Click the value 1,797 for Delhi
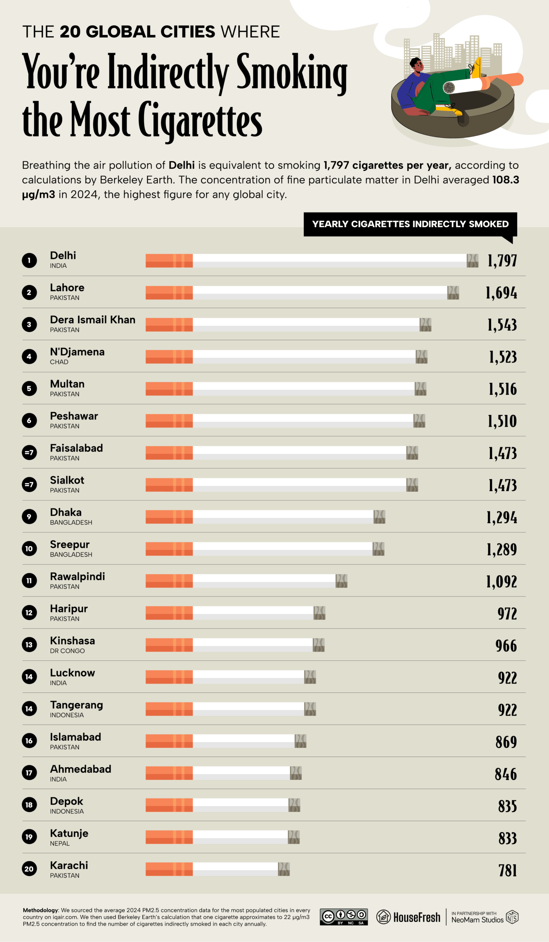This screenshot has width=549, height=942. (502, 261)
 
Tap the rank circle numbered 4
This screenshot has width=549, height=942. (29, 357)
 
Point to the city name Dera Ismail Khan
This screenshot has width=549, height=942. (92, 320)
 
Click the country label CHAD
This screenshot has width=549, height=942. (59, 362)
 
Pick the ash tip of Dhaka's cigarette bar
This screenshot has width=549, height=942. (379, 517)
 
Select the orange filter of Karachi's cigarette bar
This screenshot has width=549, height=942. (169, 869)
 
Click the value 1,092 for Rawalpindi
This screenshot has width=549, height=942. (501, 582)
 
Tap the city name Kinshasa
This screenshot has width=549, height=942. (72, 641)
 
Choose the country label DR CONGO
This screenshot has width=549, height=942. (67, 651)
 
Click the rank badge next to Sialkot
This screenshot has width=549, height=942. (29, 485)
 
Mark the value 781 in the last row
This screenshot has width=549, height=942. (507, 871)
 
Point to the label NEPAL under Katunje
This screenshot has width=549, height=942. (60, 843)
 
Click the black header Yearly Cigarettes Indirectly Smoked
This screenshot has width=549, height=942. (410, 224)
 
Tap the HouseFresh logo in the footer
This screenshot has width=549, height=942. (408, 917)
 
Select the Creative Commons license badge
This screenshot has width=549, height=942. (343, 917)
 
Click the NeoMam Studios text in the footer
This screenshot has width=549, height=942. (477, 920)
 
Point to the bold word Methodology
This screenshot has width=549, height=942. (41, 910)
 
